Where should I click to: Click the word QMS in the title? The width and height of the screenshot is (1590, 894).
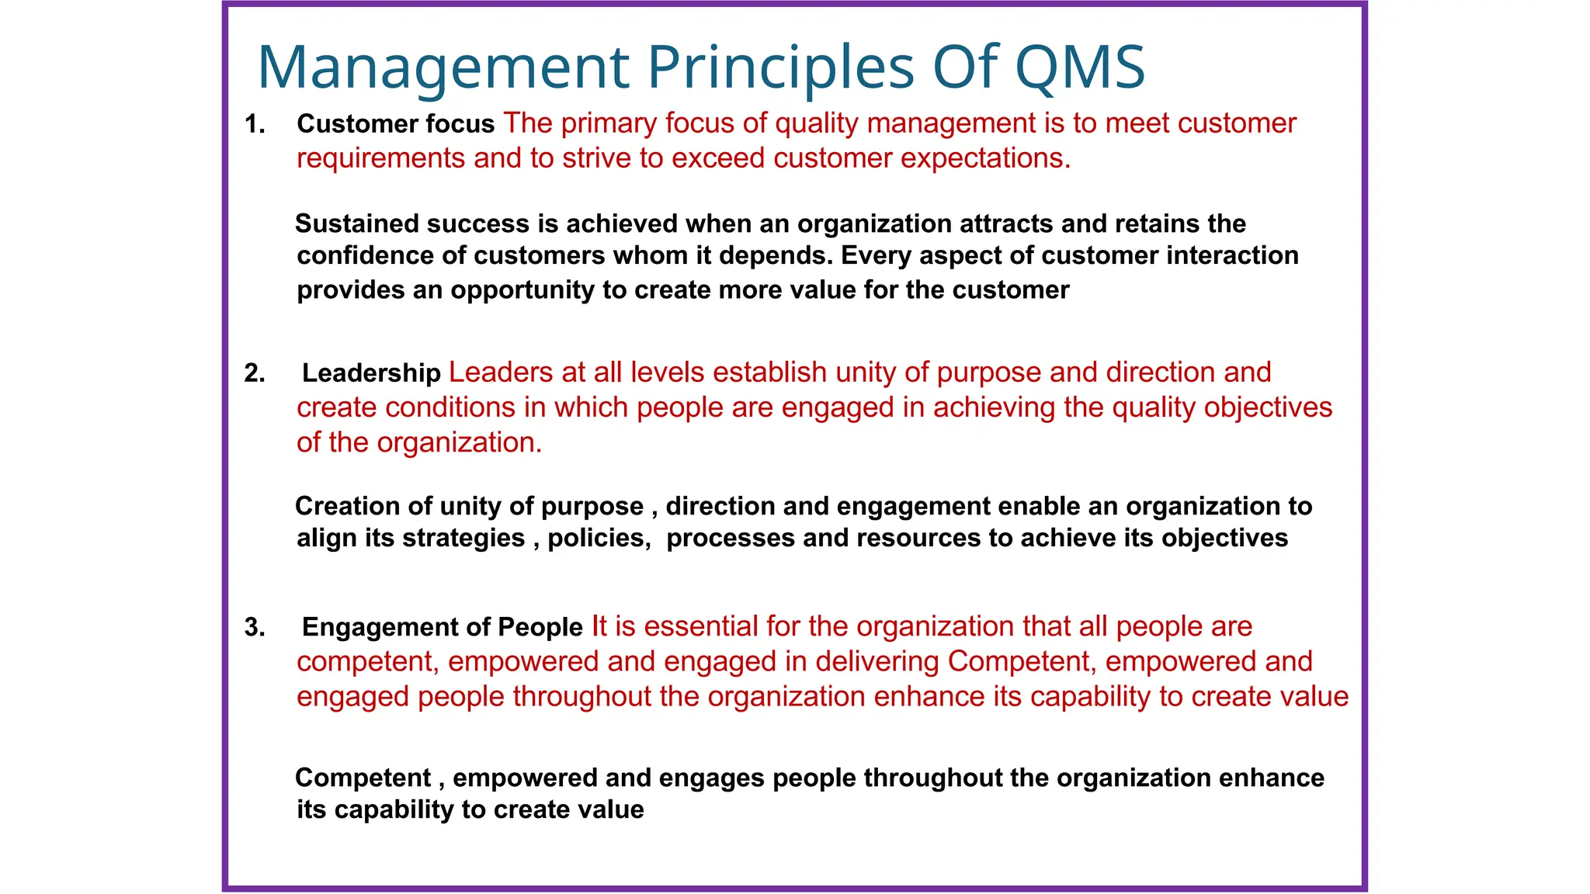1079,67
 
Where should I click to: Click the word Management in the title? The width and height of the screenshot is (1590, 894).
443,68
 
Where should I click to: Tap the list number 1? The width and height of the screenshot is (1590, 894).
254,124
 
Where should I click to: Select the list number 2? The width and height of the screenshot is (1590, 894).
254,373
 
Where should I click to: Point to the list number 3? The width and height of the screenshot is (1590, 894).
254,627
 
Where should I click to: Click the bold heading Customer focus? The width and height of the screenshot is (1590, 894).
395,124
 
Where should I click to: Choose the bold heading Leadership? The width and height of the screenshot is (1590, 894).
371,373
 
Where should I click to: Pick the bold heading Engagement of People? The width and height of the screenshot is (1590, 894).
442,627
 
